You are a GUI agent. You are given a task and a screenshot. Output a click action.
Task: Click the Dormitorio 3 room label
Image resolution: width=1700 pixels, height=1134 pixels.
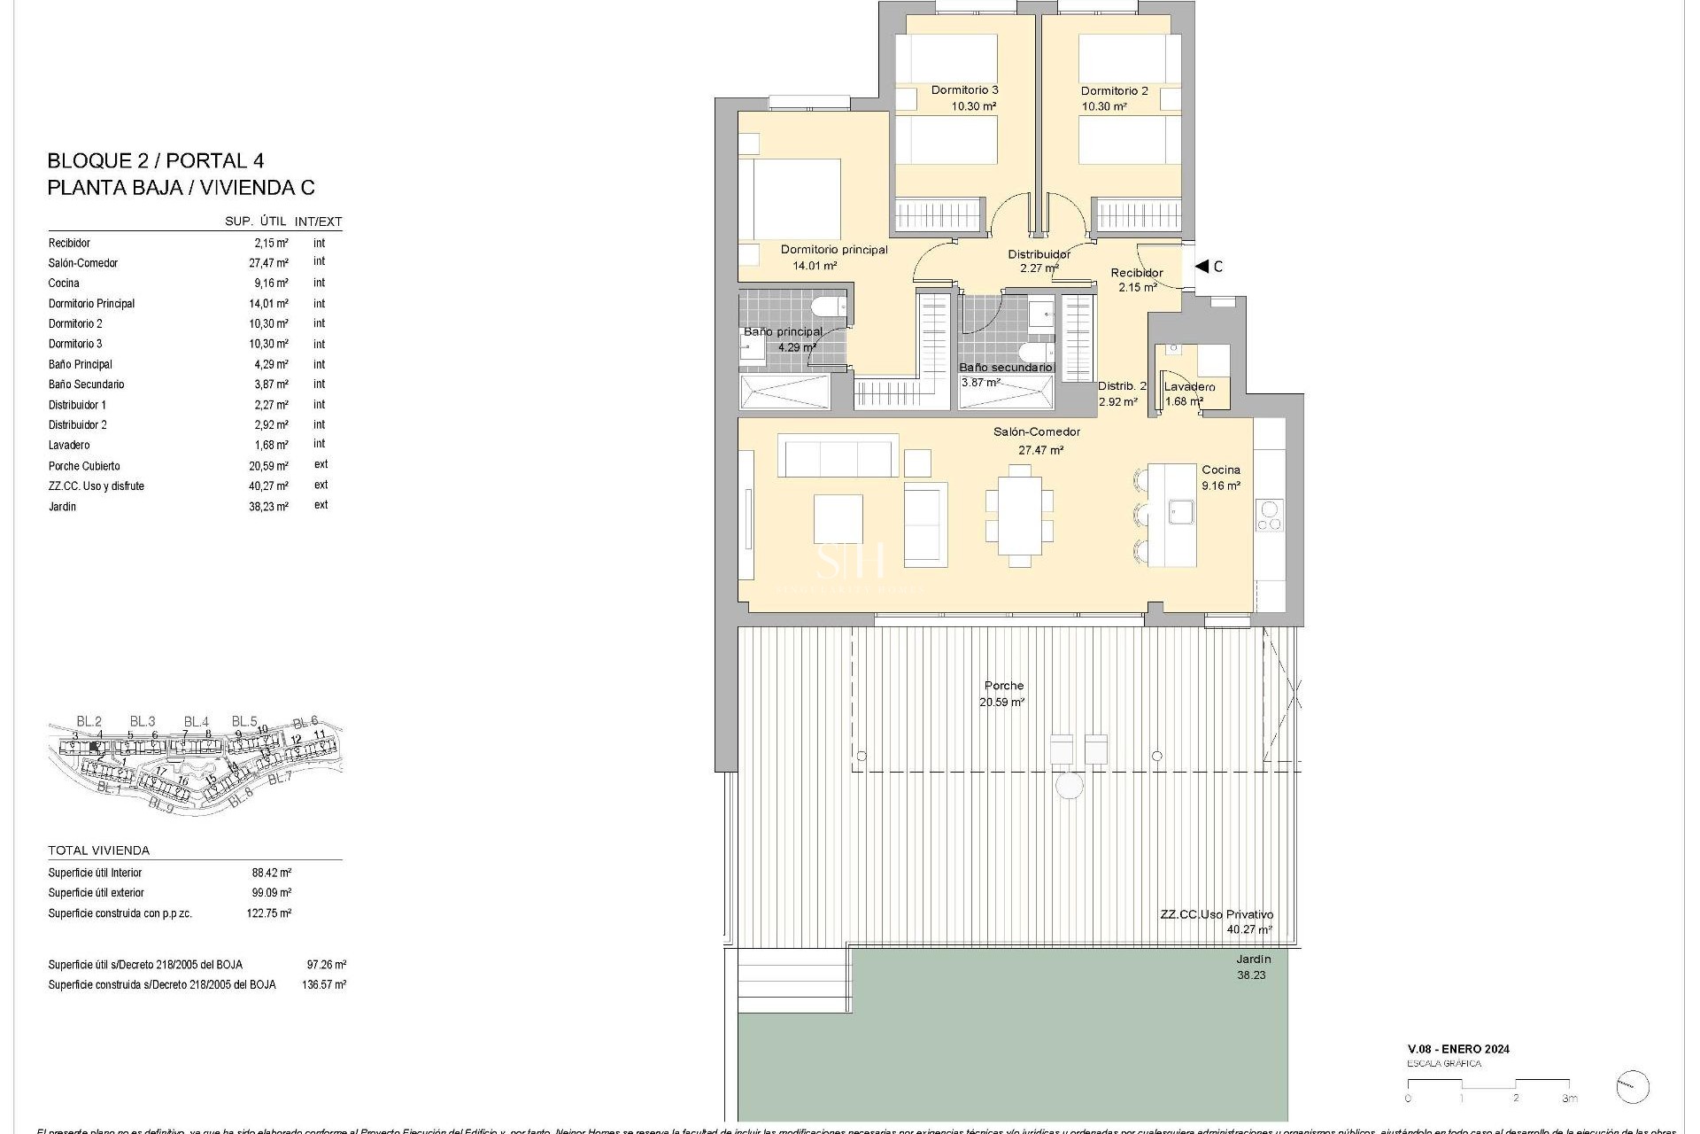[x=964, y=89]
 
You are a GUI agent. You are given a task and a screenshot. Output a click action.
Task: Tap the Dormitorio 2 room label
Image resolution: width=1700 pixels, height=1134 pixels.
[x=1114, y=90]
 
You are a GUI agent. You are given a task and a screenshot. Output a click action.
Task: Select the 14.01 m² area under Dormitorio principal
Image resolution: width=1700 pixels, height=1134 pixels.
[x=815, y=265]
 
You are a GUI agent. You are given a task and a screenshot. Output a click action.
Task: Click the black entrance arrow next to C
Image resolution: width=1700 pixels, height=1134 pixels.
[x=1202, y=266]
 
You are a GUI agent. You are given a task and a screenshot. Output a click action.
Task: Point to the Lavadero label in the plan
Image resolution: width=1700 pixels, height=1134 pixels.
[x=1189, y=386]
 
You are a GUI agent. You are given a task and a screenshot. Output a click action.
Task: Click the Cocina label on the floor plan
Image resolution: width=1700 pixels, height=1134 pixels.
[x=1220, y=470]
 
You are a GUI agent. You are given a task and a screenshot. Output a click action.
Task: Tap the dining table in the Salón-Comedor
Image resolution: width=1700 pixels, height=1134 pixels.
[x=1019, y=515]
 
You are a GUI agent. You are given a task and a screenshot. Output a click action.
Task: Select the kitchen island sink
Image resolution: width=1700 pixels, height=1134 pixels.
[x=1180, y=511]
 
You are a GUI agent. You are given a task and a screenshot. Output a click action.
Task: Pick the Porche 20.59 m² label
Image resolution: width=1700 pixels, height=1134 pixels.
[x=1003, y=693]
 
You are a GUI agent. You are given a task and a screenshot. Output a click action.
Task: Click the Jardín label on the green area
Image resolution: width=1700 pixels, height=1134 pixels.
[x=1253, y=959]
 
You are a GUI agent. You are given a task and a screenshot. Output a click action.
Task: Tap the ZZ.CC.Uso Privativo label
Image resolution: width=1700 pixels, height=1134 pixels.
[x=1217, y=914]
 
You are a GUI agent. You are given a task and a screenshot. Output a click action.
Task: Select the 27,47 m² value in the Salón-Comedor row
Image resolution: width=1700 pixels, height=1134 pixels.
[x=268, y=263]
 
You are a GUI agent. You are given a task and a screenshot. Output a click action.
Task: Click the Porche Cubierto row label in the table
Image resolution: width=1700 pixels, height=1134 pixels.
[x=84, y=466]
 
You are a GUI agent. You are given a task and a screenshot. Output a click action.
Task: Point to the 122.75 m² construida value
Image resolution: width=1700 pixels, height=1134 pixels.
[x=268, y=913]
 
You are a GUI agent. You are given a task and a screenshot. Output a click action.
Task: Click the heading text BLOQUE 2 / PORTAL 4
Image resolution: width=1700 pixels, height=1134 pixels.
[x=155, y=160]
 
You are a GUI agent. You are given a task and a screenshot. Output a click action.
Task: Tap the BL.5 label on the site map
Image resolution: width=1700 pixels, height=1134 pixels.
[x=244, y=721]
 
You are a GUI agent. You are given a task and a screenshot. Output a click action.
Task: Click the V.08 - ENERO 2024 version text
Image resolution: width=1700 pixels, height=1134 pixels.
[x=1458, y=1049]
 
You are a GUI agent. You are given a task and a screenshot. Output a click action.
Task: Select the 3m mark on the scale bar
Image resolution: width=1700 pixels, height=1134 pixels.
[x=1569, y=1099]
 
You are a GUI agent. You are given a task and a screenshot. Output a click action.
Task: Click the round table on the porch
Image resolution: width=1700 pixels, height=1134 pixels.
[x=1070, y=785]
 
